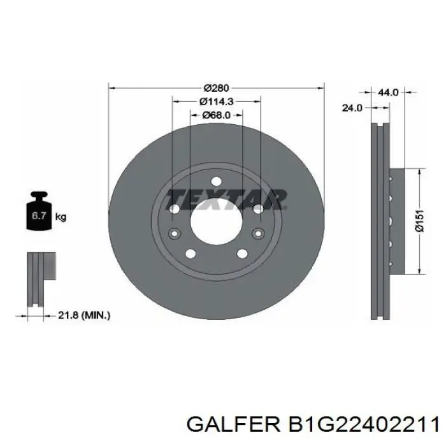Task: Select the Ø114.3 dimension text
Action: [216, 101]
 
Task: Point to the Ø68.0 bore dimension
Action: [216, 115]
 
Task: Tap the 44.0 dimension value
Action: [388, 92]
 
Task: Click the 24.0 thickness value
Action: [352, 108]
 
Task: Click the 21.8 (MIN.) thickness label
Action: [83, 314]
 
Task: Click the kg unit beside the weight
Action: [61, 217]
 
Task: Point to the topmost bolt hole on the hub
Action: [216, 180]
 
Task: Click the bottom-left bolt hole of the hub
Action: [190, 254]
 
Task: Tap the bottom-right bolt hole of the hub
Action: [242, 254]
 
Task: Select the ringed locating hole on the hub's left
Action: [173, 233]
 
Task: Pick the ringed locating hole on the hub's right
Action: [259, 233]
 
